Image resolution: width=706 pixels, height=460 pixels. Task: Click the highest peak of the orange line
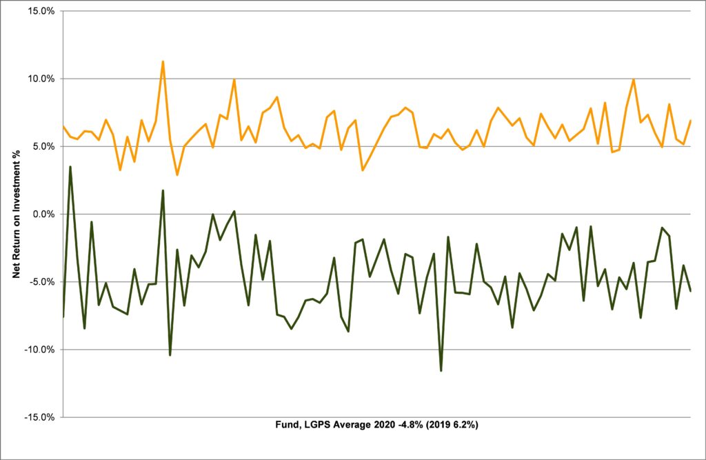click(x=163, y=61)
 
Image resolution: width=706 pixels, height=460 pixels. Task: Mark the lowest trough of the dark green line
click(x=441, y=371)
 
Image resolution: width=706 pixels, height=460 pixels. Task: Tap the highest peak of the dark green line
click(x=70, y=166)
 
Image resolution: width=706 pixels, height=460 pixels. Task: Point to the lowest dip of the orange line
click(x=177, y=175)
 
